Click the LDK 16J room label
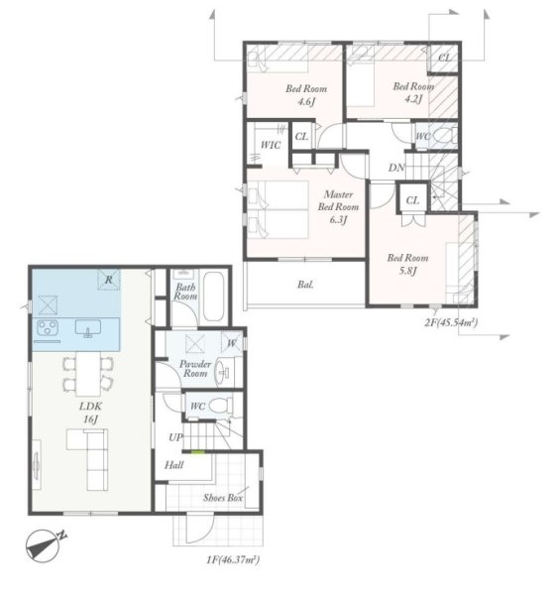pos(90,413)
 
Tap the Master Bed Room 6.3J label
pos(338,207)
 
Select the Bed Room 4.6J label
pos(306,95)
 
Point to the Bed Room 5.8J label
pos(407,264)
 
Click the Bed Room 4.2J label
pos(413,92)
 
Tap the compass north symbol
pos(44,546)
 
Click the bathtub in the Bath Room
pos(213,297)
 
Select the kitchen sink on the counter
pos(88,328)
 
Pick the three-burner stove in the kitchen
pos(48,328)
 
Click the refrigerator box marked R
pos(109,280)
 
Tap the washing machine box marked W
pos(231,343)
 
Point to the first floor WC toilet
pos(220,406)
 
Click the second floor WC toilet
pos(445,136)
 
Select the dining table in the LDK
pos(88,374)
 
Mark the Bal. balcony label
pos(305,285)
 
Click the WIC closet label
pos(271,145)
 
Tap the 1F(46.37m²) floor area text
pos(233,559)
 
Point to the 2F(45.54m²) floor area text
pos(451,323)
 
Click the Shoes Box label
pos(223,498)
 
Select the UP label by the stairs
pos(175,437)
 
